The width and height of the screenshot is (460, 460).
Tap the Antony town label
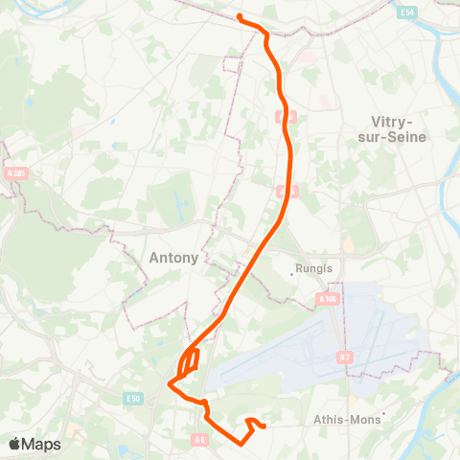click(174, 257)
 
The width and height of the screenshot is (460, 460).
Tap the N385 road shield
click(15, 172)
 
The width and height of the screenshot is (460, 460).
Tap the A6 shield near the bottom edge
click(199, 439)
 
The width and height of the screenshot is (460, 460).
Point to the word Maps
click(42, 444)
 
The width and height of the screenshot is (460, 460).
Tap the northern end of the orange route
click(239, 16)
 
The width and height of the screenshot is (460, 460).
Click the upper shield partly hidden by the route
click(279, 115)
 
